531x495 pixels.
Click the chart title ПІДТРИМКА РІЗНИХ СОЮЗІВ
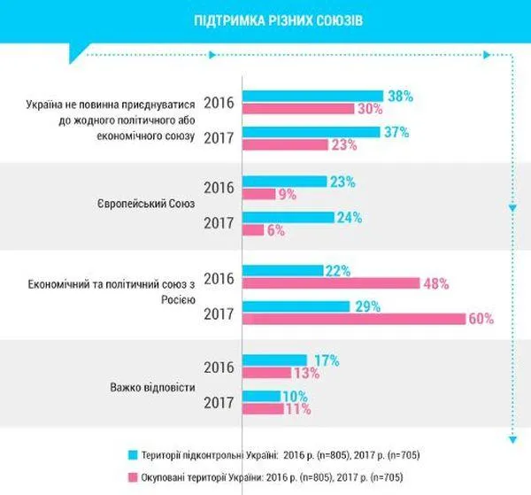pyautogui.click(x=265, y=20)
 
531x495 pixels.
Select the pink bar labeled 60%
pyautogui.click(x=354, y=319)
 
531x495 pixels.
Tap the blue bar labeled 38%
pyautogui.click(x=312, y=96)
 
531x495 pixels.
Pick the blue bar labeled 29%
pyautogui.click(x=296, y=306)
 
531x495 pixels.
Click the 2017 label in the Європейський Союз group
pyautogui.click(x=218, y=223)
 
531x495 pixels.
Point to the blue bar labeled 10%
pyautogui.click(x=262, y=395)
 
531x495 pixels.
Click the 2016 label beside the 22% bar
pyautogui.click(x=218, y=278)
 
